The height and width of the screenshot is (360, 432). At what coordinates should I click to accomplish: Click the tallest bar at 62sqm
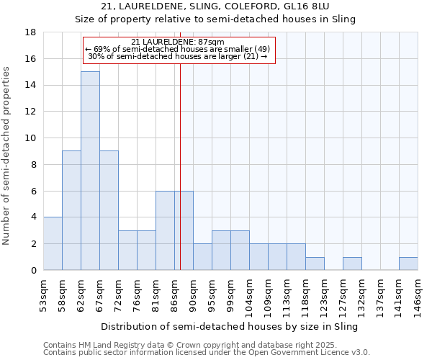90,171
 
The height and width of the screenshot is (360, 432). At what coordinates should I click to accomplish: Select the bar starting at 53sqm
53,243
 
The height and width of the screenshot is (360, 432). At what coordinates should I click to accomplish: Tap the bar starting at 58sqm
71,210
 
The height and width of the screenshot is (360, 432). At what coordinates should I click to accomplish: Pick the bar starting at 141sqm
408,264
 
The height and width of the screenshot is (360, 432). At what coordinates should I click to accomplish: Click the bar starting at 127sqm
352,264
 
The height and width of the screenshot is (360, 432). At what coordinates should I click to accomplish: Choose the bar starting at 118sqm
315,264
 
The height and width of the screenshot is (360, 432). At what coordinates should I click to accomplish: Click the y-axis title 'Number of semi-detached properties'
6,156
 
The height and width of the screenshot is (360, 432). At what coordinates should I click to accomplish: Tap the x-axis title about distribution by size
230,326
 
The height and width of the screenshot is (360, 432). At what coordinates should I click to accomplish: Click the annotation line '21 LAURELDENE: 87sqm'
179,42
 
